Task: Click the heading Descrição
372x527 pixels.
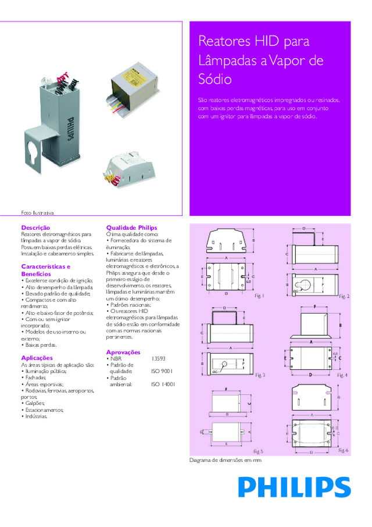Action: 35,227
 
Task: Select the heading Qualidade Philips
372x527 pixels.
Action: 131,227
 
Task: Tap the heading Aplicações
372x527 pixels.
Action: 37,358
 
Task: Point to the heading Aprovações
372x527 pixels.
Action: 123,352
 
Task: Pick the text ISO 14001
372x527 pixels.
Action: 163,384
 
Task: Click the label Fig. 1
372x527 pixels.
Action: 259,296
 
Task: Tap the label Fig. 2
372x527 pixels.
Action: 344,297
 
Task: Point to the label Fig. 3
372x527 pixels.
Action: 259,375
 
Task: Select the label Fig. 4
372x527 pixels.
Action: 342,376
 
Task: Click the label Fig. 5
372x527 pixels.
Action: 258,451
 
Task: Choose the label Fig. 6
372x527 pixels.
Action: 343,451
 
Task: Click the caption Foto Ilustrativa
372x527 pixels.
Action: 37,213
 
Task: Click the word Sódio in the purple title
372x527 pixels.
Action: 215,79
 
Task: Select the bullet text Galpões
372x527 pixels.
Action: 33,403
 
